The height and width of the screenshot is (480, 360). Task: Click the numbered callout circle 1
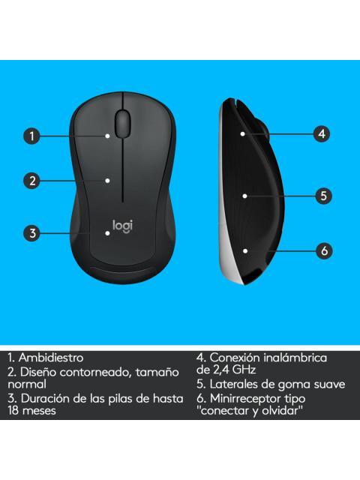click(x=31, y=136)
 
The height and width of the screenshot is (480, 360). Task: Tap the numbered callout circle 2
click(x=31, y=180)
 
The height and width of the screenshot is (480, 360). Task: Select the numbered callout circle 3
click(x=31, y=232)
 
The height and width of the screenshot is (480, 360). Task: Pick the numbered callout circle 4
click(x=321, y=134)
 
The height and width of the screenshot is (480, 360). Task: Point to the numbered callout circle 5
click(x=322, y=196)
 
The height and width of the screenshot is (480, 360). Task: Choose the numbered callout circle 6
click(x=324, y=250)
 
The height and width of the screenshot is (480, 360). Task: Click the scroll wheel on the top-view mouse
click(x=123, y=121)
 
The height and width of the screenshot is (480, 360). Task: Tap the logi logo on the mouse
click(x=121, y=224)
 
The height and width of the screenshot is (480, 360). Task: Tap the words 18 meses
click(x=32, y=411)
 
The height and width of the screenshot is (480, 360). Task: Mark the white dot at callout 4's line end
click(x=244, y=133)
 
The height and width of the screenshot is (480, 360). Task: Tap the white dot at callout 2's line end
click(x=109, y=180)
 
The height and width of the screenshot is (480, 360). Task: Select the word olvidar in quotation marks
click(x=278, y=411)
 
